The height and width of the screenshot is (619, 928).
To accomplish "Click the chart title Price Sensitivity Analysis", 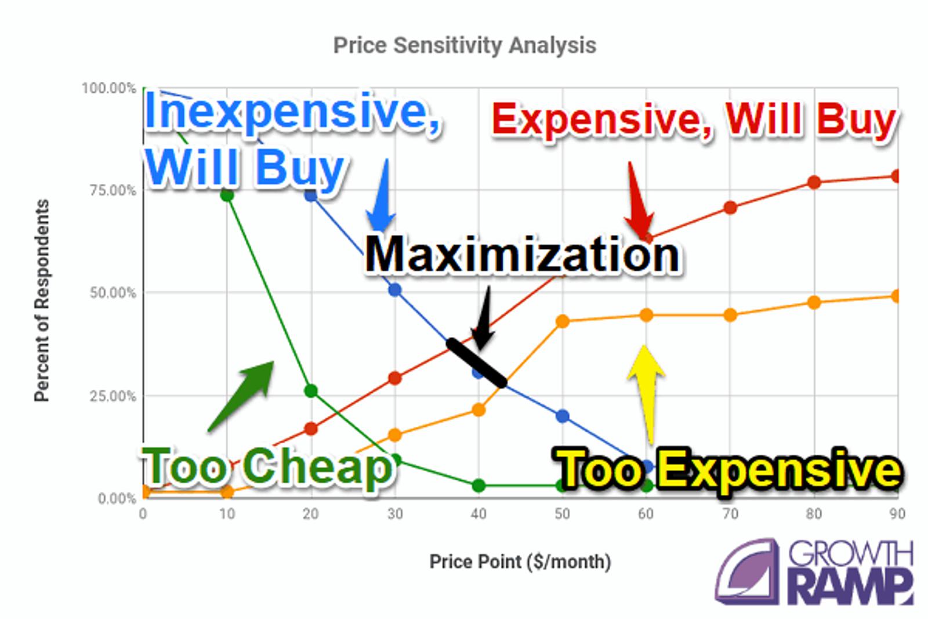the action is click(465, 45).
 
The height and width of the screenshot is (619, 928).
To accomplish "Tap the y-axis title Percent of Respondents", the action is click(42, 301).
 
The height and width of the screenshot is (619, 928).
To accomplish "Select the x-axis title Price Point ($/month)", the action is click(520, 562).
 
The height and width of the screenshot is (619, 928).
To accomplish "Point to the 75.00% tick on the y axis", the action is click(113, 190).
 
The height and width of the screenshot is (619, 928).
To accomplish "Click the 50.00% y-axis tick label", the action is click(113, 292).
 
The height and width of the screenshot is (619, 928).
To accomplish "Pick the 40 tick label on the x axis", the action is click(478, 514).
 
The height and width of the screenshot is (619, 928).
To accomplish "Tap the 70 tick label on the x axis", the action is click(730, 514).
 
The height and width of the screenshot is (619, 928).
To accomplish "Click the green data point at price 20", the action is click(311, 390).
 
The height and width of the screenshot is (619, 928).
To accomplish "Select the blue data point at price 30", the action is click(395, 290).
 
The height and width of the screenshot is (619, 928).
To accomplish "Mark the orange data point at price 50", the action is click(562, 321).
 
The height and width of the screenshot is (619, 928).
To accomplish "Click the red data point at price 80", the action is click(814, 182).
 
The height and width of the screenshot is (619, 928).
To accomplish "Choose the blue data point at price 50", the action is click(562, 416).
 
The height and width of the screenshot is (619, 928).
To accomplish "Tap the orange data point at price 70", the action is click(730, 315).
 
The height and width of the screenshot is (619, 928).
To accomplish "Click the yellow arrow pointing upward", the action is click(647, 393).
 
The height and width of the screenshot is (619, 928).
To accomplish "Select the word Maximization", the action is click(522, 254).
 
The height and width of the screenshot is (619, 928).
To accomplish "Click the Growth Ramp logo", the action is click(814, 572).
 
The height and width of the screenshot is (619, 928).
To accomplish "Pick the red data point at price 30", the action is click(395, 378).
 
